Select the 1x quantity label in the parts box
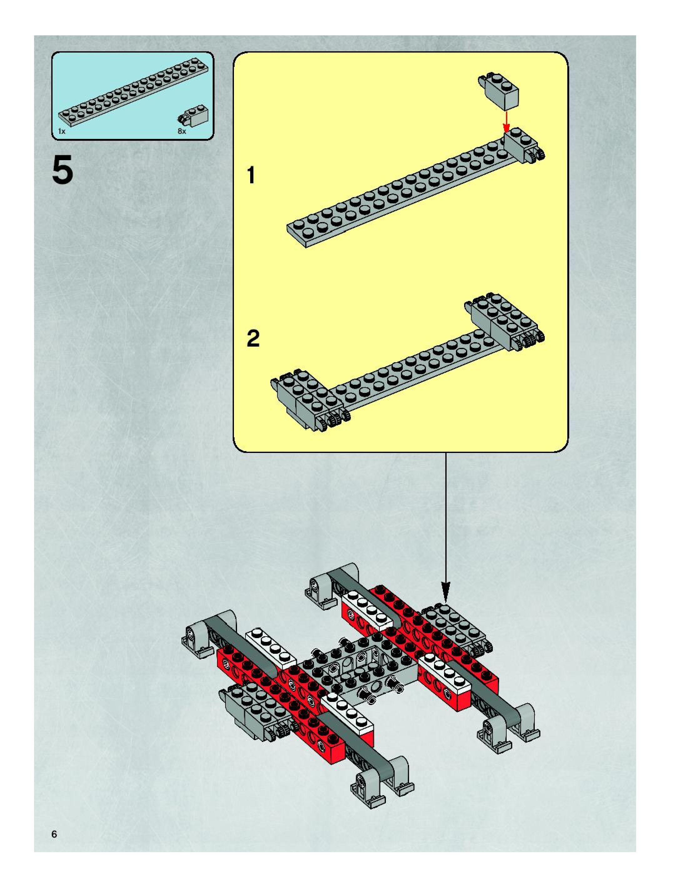point(62,131)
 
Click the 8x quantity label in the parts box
point(182,131)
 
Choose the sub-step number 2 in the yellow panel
point(253,338)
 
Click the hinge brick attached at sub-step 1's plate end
point(522,147)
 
